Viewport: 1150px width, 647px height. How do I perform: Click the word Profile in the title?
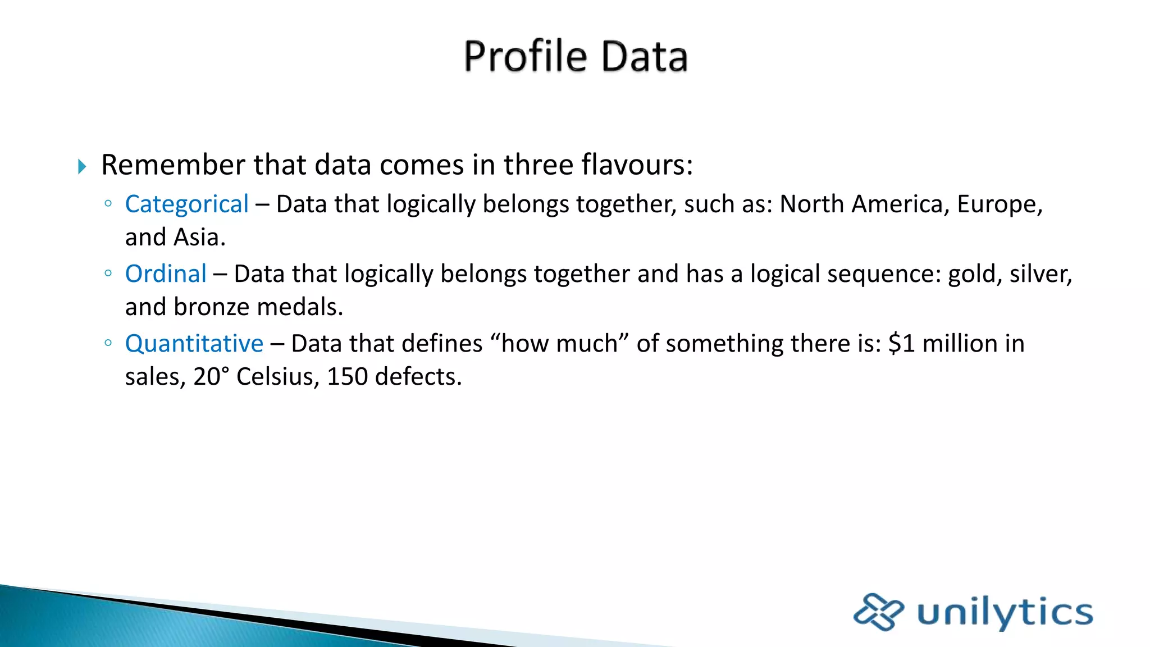pos(525,57)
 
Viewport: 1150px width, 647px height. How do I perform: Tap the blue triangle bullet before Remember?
pos(82,166)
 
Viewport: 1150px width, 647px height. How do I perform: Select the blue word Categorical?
pos(186,204)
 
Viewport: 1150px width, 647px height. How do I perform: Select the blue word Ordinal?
pos(166,274)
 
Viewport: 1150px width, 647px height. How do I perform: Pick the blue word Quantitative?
pos(194,344)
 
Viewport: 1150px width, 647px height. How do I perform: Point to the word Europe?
pos(999,204)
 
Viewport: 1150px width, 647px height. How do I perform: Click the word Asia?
pos(199,238)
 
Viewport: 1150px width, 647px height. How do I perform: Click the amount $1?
pos(901,344)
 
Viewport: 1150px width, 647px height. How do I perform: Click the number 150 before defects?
pos(347,377)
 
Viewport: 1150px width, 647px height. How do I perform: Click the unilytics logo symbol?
pos(878,612)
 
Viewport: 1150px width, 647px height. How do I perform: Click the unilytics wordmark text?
pos(1005,613)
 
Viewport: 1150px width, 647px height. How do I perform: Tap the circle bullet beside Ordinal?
pos(108,274)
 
